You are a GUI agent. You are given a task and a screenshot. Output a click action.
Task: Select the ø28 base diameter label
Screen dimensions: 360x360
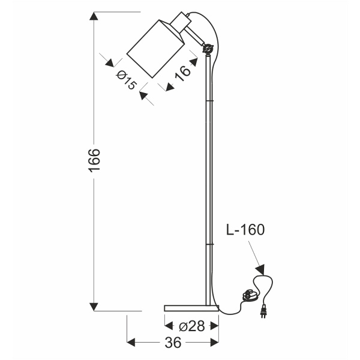pos(192,326)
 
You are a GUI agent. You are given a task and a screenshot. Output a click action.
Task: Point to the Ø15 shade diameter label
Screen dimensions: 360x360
pos(125,79)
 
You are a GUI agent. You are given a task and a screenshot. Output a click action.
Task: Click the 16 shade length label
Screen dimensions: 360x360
pos(184,71)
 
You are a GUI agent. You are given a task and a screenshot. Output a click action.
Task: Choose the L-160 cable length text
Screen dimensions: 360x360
pos(245,229)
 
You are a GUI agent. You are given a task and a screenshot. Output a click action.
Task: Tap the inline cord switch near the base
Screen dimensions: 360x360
pos(249,295)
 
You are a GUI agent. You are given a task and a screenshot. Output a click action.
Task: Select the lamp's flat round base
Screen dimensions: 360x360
pos(191,308)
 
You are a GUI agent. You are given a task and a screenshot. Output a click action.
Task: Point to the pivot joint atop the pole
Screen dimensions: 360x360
pos(208,49)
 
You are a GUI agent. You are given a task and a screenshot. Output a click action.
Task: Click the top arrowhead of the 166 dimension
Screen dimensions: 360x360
pos(94,17)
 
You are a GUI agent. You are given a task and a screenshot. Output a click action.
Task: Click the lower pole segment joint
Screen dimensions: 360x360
pos(209,244)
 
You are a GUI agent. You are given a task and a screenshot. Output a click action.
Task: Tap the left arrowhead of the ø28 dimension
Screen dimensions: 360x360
pos(169,326)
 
